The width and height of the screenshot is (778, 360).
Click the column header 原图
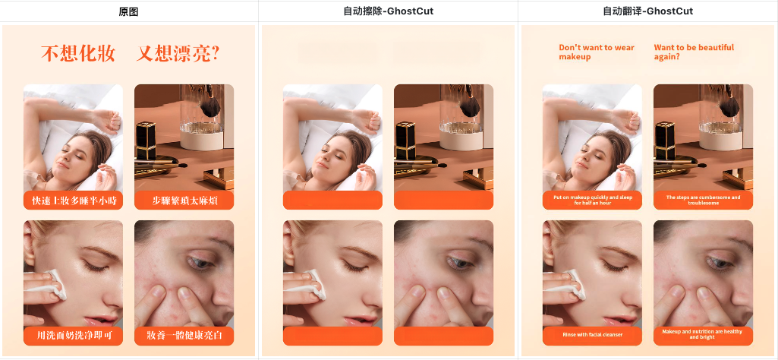(128, 11)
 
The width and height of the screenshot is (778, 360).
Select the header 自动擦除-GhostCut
(388, 11)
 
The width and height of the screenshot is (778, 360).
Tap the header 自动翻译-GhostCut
(648, 11)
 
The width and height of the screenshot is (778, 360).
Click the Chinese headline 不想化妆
(78, 53)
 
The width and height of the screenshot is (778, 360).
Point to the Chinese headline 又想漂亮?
(178, 53)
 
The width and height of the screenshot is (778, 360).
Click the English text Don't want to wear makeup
(597, 52)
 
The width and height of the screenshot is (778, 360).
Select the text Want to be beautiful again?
(694, 52)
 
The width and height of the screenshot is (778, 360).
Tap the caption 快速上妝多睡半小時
(73, 201)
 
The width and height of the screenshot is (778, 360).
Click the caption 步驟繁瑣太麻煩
(184, 201)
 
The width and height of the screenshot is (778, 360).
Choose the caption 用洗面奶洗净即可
(73, 336)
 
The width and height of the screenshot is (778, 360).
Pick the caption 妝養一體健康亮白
(184, 336)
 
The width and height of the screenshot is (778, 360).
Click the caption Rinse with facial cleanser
(593, 335)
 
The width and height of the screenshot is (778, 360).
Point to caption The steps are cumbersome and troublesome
(703, 200)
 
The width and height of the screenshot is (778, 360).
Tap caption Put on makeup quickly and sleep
(593, 197)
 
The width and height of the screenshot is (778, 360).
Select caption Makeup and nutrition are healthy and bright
(702, 334)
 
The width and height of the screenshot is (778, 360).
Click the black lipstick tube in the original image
(145, 141)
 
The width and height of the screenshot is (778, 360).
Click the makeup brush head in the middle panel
(470, 106)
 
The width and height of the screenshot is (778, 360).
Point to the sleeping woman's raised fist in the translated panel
(630, 121)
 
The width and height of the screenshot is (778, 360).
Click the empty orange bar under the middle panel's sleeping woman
(332, 200)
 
